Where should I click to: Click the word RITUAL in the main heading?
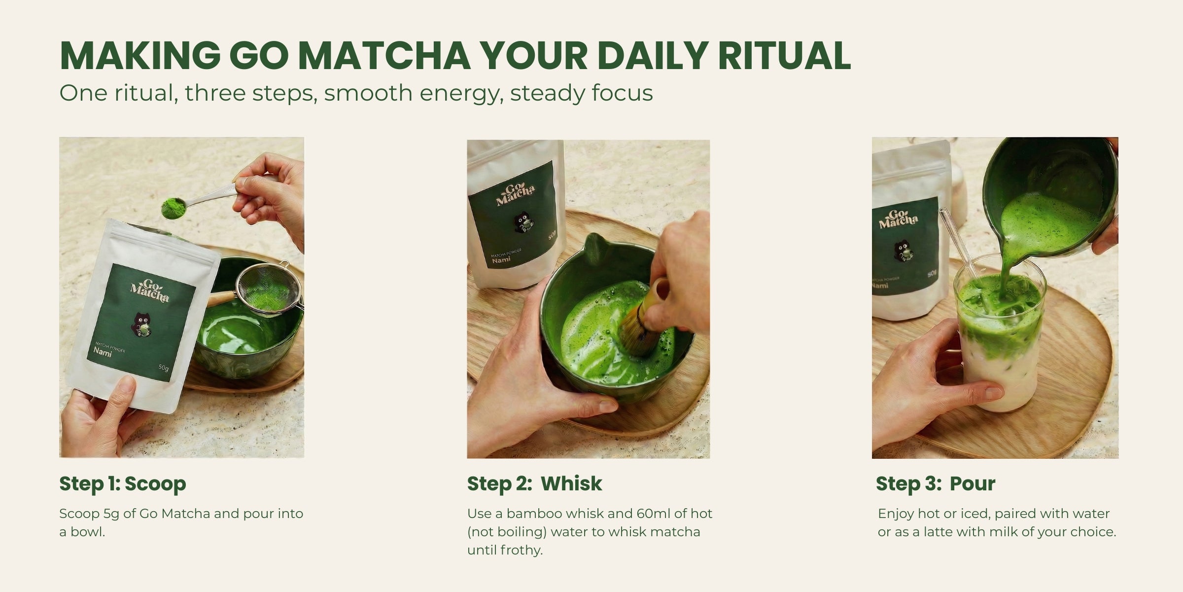click(784, 55)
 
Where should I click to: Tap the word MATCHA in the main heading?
click(384, 55)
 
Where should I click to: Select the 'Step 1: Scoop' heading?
click(123, 484)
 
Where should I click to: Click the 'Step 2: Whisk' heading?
click(534, 484)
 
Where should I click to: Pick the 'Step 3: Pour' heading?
click(936, 484)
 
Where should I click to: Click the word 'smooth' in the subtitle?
click(368, 93)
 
